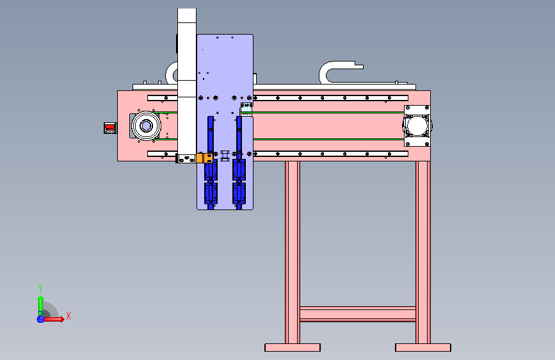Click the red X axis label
click(x=68, y=316)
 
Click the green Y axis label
click(x=40, y=288)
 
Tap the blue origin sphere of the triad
click(x=40, y=319)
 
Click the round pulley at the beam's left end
click(x=146, y=126)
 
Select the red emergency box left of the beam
click(x=110, y=128)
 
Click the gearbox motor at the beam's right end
click(x=417, y=126)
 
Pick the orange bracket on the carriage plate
click(x=205, y=158)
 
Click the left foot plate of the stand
click(x=293, y=347)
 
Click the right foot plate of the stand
click(x=423, y=347)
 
